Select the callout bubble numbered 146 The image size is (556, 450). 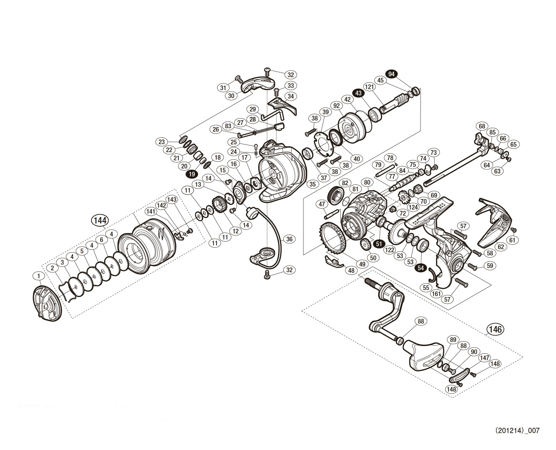495,329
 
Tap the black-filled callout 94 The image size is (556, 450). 391,74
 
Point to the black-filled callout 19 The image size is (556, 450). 193,174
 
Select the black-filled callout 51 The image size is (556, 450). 379,243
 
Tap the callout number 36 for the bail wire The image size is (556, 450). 289,239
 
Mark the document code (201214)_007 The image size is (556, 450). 517,430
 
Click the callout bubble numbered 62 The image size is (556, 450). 500,247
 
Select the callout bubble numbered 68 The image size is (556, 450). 481,126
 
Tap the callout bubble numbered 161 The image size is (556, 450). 436,294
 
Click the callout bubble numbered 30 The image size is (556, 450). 231,96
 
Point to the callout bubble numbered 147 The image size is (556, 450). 484,358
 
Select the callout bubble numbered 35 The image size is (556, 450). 311,184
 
